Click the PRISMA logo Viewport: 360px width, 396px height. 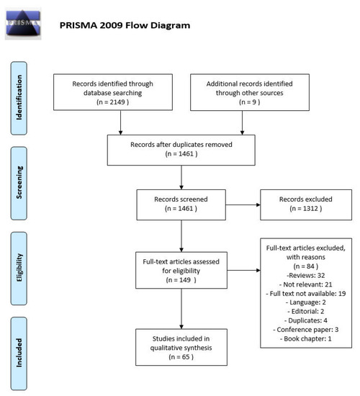(23, 24)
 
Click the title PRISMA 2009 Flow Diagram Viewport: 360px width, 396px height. (125, 25)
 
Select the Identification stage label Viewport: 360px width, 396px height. (19, 98)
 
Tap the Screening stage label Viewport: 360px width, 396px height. (19, 183)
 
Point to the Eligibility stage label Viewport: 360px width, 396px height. (19, 269)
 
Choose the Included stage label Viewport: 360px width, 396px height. (19, 354)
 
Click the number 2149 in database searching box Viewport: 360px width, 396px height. (117, 102)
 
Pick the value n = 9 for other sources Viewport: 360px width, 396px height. (249, 102)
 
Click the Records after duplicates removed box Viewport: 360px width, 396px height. (181, 150)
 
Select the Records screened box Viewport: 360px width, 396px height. (181, 204)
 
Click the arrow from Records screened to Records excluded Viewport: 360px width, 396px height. (243, 204)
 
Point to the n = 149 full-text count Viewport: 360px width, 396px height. (181, 280)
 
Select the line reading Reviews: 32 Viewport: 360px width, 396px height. (306, 275)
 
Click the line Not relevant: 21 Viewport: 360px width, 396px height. (306, 284)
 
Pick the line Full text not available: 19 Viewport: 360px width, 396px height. (306, 294)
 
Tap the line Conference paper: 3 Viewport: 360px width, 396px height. (306, 330)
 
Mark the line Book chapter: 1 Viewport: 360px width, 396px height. (306, 338)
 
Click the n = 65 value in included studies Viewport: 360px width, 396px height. (181, 357)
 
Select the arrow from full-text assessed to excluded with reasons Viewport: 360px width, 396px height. (244, 270)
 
